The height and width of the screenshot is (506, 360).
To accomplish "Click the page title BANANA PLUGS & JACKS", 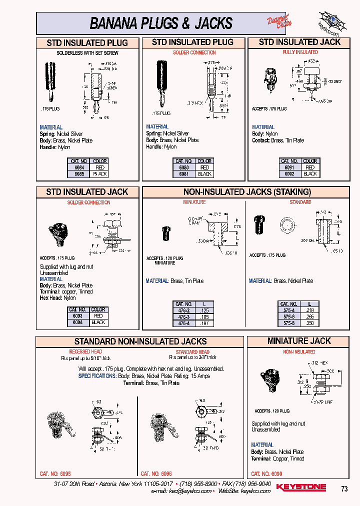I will pyautogui.click(x=161, y=23).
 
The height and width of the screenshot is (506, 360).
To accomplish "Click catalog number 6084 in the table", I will pyautogui.click(x=79, y=167).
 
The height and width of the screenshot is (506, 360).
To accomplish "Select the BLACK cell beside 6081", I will pyautogui.click(x=204, y=174).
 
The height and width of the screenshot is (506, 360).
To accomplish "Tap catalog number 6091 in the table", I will pyautogui.click(x=289, y=167).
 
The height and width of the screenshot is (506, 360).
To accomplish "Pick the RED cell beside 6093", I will pyautogui.click(x=98, y=316).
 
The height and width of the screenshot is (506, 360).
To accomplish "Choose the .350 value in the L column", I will pyautogui.click(x=309, y=323).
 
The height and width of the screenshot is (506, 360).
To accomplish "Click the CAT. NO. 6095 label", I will pyautogui.click(x=55, y=473).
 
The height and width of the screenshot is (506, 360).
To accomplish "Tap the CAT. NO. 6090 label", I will pyautogui.click(x=266, y=473).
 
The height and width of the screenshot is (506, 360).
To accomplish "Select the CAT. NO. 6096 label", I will pyautogui.click(x=156, y=473).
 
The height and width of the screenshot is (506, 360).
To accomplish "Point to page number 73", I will pyautogui.click(x=344, y=489).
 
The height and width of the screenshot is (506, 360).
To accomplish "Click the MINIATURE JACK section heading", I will pyautogui.click(x=299, y=341).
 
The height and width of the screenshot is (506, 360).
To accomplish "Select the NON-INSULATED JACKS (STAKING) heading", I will pyautogui.click(x=247, y=192).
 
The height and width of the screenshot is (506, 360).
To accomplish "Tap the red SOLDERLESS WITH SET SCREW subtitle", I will pyautogui.click(x=87, y=52).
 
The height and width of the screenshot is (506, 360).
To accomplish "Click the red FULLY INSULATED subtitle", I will pyautogui.click(x=300, y=52).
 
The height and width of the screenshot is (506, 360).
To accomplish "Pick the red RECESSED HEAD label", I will pyautogui.click(x=85, y=352).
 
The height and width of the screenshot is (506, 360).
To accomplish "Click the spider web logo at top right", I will pyautogui.click(x=328, y=23).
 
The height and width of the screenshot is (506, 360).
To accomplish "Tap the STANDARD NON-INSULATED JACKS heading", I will pyautogui.click(x=140, y=341).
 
